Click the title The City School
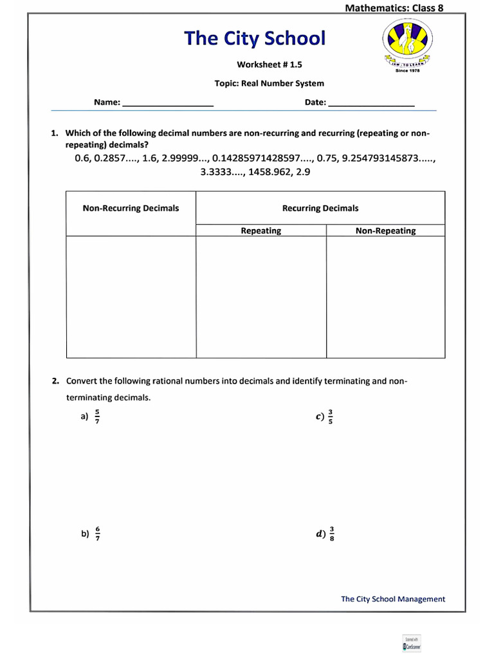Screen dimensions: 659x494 pyautogui.click(x=255, y=39)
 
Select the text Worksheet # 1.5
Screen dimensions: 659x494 pyautogui.click(x=269, y=64)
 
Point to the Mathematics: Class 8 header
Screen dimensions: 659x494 pyautogui.click(x=394, y=8)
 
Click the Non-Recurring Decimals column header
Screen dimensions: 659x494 pyautogui.click(x=131, y=208)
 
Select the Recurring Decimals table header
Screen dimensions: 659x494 pyautogui.click(x=320, y=208)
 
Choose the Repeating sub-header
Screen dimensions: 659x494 pyautogui.click(x=261, y=230)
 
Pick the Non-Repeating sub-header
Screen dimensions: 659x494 pyautogui.click(x=385, y=230)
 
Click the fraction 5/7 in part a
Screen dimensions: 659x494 pyautogui.click(x=97, y=416)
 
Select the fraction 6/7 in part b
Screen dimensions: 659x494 pyautogui.click(x=97, y=534)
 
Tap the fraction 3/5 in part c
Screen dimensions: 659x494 pyautogui.click(x=331, y=416)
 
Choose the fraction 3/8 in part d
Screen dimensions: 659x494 pyautogui.click(x=332, y=534)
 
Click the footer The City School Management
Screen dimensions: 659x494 pyautogui.click(x=393, y=599)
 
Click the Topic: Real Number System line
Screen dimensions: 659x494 pyautogui.click(x=269, y=83)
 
